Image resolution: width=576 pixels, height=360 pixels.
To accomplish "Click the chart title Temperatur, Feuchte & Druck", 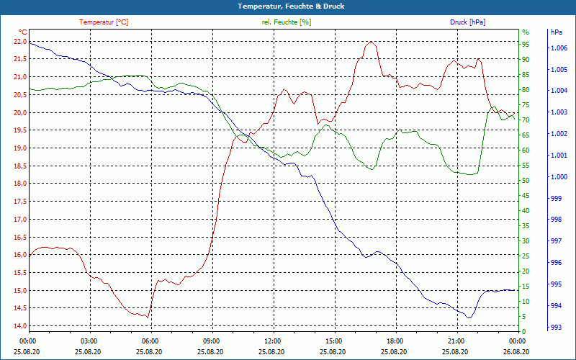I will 287,6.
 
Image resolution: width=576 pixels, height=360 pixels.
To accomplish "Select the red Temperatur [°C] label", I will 104,22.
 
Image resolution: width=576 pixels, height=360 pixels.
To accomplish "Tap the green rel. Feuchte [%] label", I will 287,22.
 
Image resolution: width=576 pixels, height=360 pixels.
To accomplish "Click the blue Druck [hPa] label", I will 468,22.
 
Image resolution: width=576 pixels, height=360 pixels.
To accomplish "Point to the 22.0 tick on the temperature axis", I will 19,41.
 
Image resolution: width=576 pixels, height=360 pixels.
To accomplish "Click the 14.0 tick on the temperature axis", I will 19,326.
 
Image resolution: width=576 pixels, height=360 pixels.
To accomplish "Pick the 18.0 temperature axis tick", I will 19,184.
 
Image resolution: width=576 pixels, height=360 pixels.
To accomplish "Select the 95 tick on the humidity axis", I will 526,44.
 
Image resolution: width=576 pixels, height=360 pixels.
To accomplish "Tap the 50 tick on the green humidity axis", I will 526,180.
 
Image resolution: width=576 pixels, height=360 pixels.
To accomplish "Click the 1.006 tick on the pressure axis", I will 559,48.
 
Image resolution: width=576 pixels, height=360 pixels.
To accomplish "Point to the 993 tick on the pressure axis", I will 557,328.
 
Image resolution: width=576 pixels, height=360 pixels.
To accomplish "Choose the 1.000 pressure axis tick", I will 559,177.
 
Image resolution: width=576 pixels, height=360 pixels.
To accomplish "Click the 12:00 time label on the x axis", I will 273,341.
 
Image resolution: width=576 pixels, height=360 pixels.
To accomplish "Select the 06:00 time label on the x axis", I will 150,341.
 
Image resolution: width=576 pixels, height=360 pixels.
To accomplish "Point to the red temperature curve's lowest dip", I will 148,317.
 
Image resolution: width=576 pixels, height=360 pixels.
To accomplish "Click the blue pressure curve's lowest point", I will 469,317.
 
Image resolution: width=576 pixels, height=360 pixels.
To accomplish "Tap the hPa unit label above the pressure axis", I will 557,32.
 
